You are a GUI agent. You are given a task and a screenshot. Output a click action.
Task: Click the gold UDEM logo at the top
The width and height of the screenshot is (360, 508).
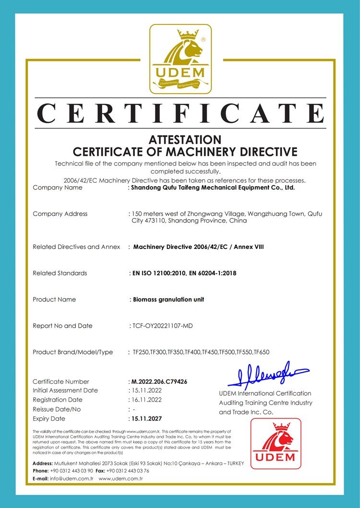point(180,59)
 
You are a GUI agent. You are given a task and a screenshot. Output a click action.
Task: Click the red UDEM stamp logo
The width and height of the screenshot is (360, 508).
point(276,443)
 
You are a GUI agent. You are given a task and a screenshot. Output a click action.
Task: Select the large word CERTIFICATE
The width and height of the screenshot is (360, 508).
point(180,114)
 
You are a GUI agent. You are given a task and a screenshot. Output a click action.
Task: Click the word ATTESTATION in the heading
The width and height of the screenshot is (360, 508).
point(185,140)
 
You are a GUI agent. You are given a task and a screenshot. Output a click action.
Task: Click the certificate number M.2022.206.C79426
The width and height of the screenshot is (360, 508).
point(159,381)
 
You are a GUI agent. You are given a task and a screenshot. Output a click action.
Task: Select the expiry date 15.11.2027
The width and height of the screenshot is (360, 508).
point(147,418)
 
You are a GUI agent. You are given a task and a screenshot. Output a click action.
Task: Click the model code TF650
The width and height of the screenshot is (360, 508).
point(262,352)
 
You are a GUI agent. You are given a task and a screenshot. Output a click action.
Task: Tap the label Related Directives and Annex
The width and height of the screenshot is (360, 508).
point(76,247)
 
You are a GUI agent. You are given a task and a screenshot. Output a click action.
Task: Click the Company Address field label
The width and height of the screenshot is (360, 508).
point(60,213)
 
